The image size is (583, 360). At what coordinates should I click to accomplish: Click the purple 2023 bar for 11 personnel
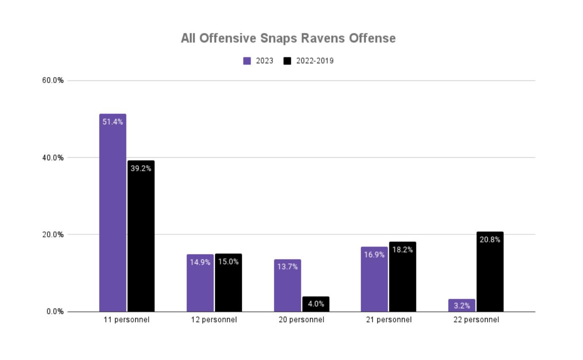pos(112,213)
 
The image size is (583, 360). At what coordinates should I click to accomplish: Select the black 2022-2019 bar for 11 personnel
pos(141,236)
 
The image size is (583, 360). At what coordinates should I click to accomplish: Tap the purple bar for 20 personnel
pos(287,285)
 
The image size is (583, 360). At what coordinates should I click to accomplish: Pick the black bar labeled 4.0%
pos(316,304)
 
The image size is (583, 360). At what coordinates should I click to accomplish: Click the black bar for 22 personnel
pos(490,272)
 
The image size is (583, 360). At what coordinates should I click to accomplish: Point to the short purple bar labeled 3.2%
pos(462,305)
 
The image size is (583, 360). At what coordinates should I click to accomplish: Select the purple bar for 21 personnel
pos(374,279)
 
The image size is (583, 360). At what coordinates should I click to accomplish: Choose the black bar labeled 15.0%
pos(228,283)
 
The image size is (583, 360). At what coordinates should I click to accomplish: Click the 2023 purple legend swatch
pos(247,61)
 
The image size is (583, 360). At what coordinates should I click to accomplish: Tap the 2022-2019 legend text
pos(315,61)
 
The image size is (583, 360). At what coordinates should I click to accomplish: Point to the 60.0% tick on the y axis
pos(53,81)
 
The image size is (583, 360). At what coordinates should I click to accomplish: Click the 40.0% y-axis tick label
pos(53,158)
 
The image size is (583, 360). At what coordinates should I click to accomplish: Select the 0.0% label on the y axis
pos(55,312)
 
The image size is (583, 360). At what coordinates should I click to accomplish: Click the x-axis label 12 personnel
pos(214,320)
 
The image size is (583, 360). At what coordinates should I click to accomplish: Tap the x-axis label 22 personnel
pos(476,320)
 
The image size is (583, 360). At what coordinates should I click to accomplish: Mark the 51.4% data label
pos(112,122)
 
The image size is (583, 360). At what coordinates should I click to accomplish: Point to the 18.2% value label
pos(402,250)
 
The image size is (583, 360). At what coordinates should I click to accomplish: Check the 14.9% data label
pos(200,262)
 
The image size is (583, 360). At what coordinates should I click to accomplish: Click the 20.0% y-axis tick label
pos(53,235)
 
